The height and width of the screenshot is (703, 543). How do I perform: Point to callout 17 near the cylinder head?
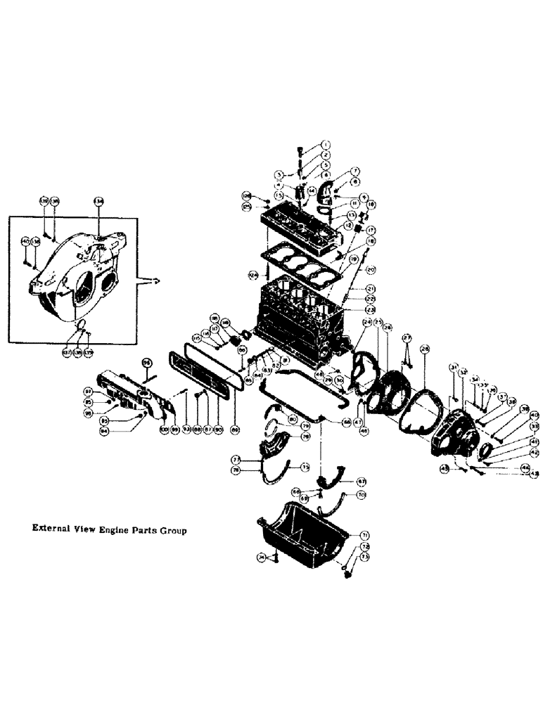click(371, 230)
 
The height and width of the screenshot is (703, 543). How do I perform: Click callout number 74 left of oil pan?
click(262, 558)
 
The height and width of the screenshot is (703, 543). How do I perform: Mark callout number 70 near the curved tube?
click(362, 496)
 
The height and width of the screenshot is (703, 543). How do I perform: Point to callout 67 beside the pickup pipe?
click(361, 482)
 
